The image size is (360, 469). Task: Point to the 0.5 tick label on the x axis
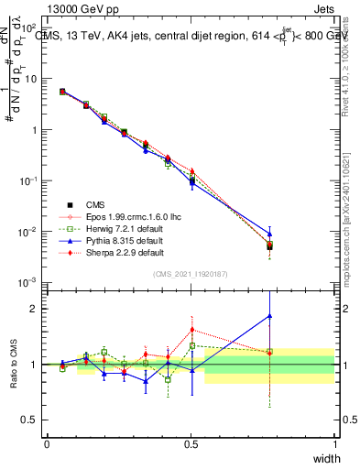click(x=191, y=443)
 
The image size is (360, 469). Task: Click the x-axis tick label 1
click(x=335, y=443)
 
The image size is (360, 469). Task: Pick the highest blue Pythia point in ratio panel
click(x=269, y=316)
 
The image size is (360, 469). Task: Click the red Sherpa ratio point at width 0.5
click(x=191, y=330)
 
